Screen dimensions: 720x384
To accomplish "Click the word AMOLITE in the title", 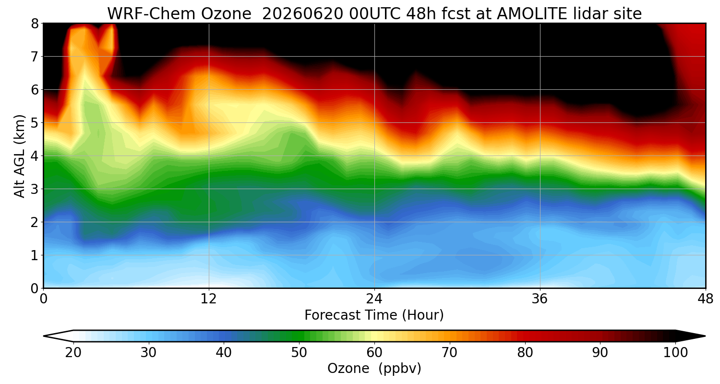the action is pyautogui.click(x=532, y=14).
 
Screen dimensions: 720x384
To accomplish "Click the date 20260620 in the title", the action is pyautogui.click(x=303, y=14).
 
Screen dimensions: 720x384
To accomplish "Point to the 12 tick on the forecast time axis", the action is pyautogui.click(x=209, y=299).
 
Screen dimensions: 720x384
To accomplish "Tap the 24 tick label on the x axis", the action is pyautogui.click(x=374, y=299).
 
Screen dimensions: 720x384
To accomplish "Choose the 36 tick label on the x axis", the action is pyautogui.click(x=540, y=299).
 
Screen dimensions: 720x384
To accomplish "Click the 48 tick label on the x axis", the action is pyautogui.click(x=706, y=299).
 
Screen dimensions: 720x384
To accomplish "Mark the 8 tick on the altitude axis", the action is pyautogui.click(x=35, y=24).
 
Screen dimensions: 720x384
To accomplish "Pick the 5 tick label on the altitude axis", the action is pyautogui.click(x=35, y=123).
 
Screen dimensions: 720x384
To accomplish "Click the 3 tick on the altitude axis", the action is pyautogui.click(x=35, y=189).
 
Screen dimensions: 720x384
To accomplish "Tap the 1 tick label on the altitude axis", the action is pyautogui.click(x=35, y=255).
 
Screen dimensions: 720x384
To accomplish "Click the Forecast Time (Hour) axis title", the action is pyautogui.click(x=374, y=315).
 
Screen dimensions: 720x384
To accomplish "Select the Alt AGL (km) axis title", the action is pyautogui.click(x=19, y=156).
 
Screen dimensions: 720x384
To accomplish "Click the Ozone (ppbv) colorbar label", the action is pyautogui.click(x=374, y=368).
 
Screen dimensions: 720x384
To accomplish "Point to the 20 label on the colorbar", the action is pyautogui.click(x=73, y=353).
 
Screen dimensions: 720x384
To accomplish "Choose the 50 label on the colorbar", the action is pyautogui.click(x=299, y=353).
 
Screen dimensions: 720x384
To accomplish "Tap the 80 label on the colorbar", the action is pyautogui.click(x=525, y=353).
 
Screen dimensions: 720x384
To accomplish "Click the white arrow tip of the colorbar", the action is pyautogui.click(x=44, y=336).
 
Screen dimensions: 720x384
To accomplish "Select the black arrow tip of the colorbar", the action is pyautogui.click(x=705, y=336).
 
